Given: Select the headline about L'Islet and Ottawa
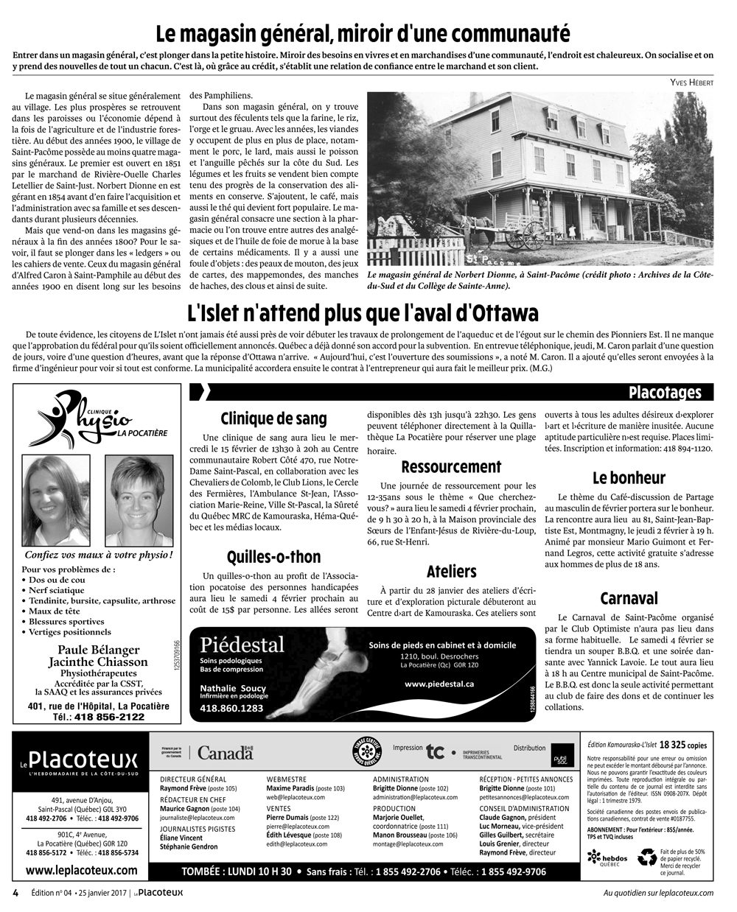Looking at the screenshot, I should [x=363, y=313].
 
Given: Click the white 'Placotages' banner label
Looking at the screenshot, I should [x=664, y=392].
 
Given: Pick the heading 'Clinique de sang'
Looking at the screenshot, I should [x=273, y=418].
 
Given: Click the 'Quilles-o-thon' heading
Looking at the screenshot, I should [x=273, y=556].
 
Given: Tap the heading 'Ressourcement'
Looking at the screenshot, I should [x=451, y=466].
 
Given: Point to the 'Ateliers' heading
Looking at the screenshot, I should [x=451, y=571].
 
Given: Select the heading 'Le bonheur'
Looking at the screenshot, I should [x=629, y=477].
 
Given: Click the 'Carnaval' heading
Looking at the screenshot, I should [x=629, y=597].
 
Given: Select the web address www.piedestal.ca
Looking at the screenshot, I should [x=439, y=684].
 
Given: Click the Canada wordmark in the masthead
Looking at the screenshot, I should [x=226, y=753].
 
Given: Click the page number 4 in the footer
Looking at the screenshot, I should [x=15, y=893].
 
